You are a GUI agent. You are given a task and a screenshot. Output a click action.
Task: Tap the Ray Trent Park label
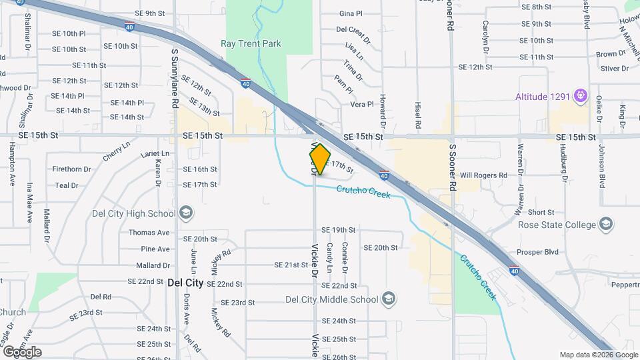[x=251, y=44]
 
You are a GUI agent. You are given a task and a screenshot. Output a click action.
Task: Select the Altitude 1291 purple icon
[x=581, y=97]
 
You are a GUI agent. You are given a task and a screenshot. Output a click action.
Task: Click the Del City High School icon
[x=186, y=213]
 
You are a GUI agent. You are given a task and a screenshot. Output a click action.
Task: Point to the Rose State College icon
[x=606, y=224]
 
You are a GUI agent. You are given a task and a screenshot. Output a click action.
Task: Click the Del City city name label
[x=185, y=283]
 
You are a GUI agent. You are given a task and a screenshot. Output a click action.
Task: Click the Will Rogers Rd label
[x=483, y=175]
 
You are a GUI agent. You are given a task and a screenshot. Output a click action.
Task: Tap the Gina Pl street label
[x=350, y=13]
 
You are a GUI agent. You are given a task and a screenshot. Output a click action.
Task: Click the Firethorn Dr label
[x=71, y=169]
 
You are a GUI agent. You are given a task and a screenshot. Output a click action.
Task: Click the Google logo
[x=21, y=352]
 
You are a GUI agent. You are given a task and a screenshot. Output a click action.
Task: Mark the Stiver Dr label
[x=610, y=68]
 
